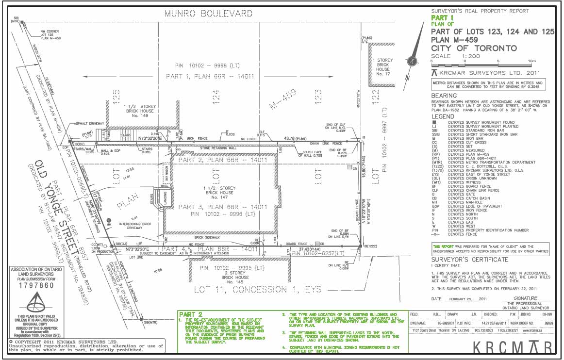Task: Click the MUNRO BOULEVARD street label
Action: [208, 13]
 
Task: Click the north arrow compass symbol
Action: [412, 61]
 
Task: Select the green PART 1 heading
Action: [442, 18]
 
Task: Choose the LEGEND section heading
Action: [442, 117]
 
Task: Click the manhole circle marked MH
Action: [109, 219]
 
